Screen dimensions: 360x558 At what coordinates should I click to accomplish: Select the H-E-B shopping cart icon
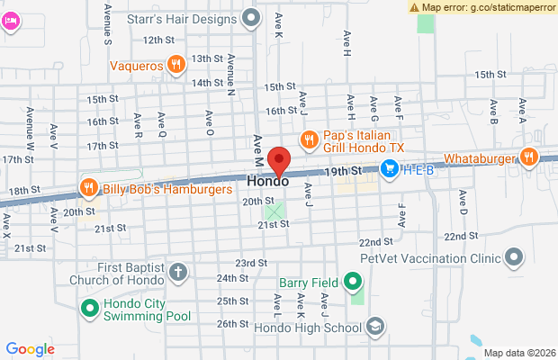coord(390,167)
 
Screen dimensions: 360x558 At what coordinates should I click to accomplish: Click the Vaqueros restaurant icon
coord(176,65)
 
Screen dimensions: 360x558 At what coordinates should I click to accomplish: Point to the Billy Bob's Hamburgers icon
coord(88,188)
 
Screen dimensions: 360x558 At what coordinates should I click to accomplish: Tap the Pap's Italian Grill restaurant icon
coord(309,139)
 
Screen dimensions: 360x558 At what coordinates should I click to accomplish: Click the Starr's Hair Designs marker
coord(251,16)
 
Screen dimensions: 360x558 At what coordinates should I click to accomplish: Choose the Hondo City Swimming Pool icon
coord(89,310)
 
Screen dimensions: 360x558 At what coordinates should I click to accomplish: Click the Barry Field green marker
coord(354,283)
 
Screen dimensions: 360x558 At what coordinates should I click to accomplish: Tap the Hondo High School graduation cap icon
coord(375,327)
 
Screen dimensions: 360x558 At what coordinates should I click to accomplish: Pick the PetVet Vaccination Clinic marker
coord(514,258)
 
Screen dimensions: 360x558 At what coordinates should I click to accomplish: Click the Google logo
coord(30,349)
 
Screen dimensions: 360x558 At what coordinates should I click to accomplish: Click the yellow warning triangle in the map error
coord(414,6)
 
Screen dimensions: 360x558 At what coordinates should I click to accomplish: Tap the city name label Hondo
coord(268,181)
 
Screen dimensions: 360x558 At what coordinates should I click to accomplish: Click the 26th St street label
coord(231,323)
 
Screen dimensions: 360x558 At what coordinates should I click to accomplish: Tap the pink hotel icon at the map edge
coord(10,20)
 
